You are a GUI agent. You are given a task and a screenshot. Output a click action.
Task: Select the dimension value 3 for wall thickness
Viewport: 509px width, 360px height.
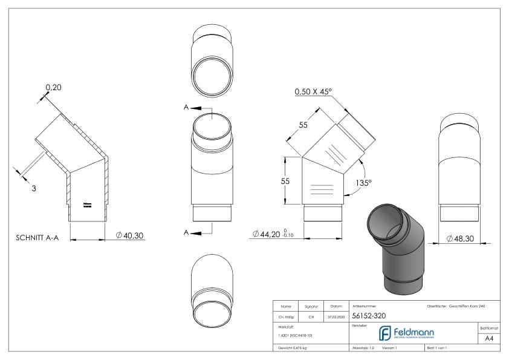[x=34, y=188]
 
